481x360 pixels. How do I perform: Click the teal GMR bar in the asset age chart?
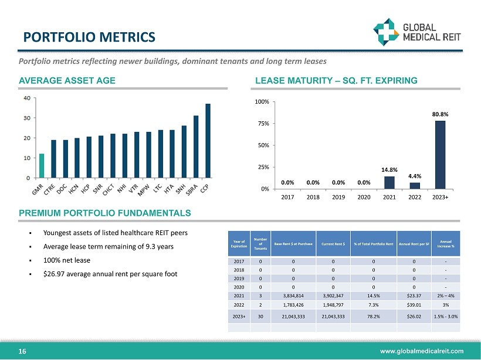pos(42,165)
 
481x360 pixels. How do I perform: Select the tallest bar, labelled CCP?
pos(208,141)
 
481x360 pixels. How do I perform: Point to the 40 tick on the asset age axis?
pos(27,98)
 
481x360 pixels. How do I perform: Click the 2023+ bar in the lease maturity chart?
pos(440,155)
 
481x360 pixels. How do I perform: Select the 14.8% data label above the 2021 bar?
pos(389,170)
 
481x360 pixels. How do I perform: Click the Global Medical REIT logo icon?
pos(387,30)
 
